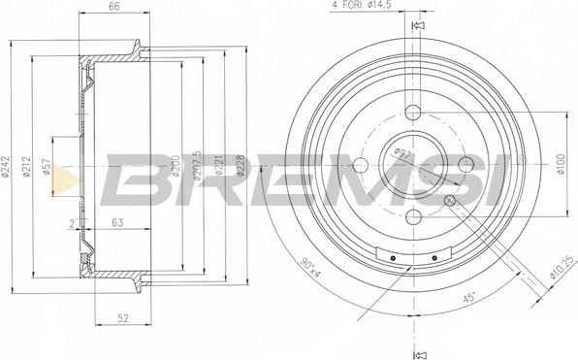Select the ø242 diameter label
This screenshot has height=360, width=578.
click(x=8, y=167)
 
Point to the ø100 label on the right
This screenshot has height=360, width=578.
click(x=562, y=163)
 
